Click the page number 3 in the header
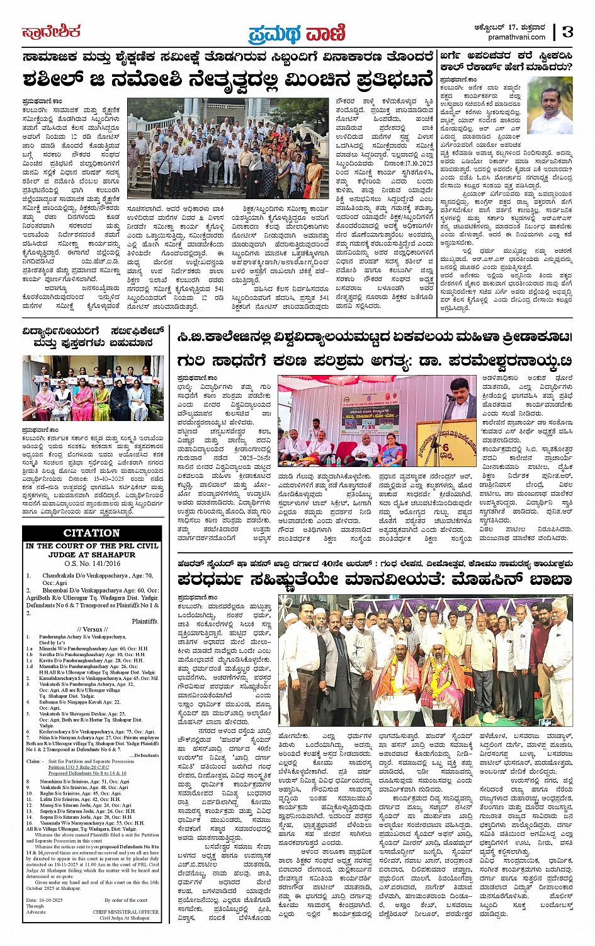(569, 32)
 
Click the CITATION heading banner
(91, 533)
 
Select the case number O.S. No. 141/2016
(91, 563)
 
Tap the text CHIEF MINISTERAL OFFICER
(126, 911)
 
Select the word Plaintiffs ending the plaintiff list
(145, 621)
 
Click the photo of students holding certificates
(93, 388)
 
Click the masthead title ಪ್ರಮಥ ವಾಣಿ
(297, 32)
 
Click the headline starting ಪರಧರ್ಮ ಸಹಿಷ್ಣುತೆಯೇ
(374, 580)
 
